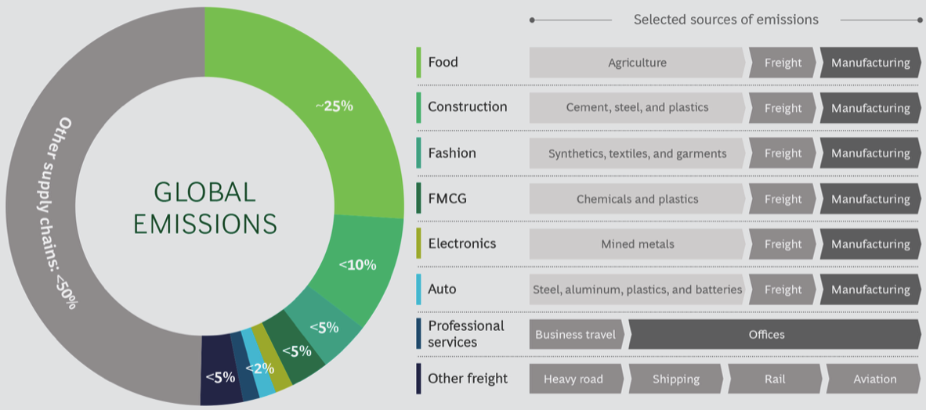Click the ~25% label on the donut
pos(335,106)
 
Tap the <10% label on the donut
pos(357,265)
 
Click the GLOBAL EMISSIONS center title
pos(204,208)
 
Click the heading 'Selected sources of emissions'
pos(725,20)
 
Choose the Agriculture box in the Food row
pos(637,63)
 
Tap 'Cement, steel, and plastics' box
pos(637,108)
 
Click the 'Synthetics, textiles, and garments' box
pos(637,153)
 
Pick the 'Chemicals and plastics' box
pos(637,199)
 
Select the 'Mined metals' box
pos(637,244)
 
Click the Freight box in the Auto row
pos(783,290)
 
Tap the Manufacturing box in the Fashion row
pos(870,153)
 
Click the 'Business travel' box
pos(576,334)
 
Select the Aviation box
pos(874,379)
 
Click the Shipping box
pos(675,379)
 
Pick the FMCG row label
pos(447,199)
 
